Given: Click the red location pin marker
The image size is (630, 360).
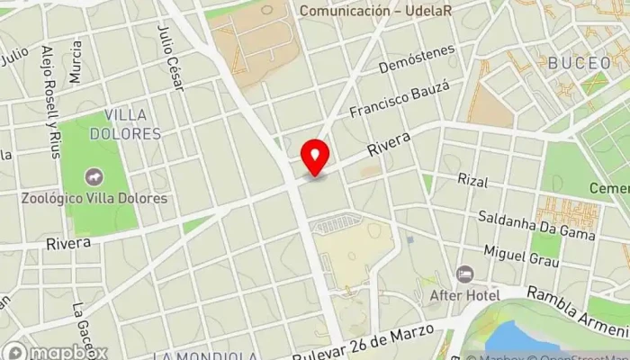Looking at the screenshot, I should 315,157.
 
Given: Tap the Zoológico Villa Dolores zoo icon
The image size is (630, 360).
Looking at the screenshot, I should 93,177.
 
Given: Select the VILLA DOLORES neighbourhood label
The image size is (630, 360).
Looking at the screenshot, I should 131,124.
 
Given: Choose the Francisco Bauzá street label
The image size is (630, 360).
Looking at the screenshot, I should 399,101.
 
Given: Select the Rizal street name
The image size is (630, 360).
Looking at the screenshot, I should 472,181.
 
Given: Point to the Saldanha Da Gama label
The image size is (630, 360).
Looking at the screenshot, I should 536,226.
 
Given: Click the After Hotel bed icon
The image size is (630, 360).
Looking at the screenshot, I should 464,274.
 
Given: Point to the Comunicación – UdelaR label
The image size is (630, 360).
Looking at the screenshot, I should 375,11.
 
